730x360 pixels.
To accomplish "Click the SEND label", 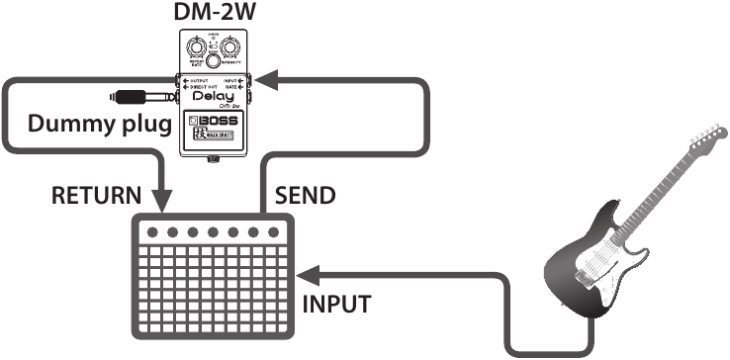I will (305, 194).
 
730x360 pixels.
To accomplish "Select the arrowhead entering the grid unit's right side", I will (306, 272).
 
